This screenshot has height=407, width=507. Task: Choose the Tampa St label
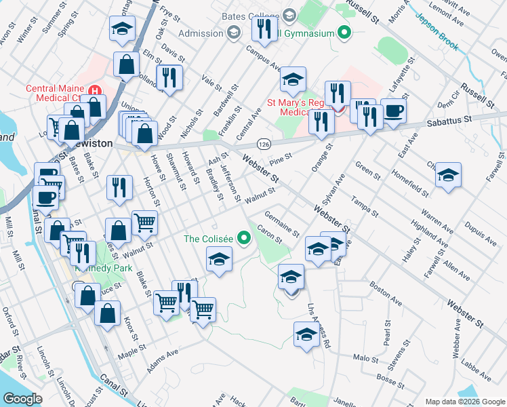click(364, 206)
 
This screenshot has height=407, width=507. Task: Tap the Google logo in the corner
click(22, 399)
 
